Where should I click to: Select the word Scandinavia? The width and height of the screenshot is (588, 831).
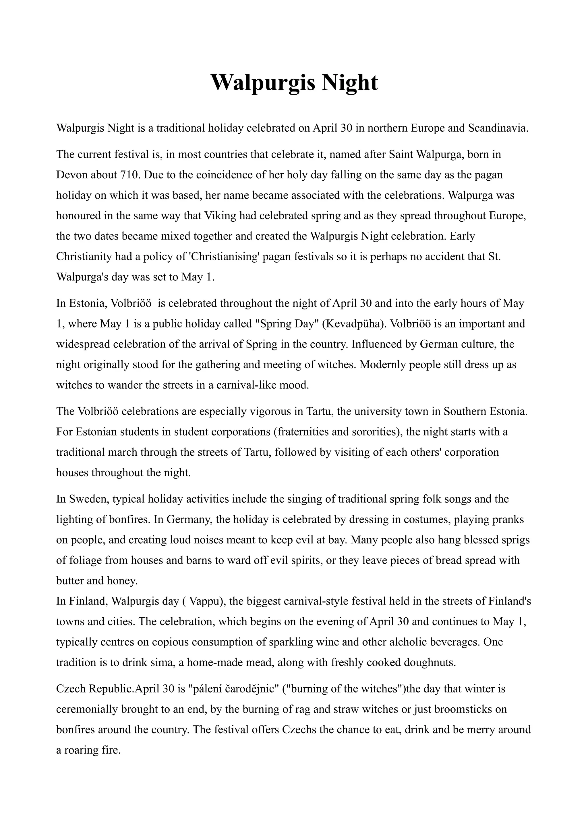(x=498, y=128)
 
